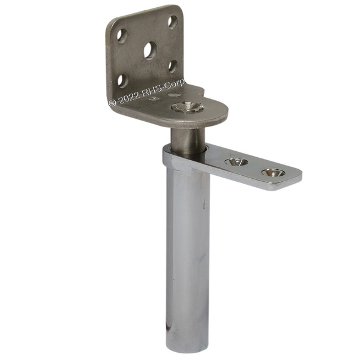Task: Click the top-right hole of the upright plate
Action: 173,22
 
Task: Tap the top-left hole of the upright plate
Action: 122,35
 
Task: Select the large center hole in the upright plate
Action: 150,51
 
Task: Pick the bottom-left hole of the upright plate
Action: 123,80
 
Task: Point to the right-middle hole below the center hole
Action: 173,67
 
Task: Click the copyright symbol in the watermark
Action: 113,103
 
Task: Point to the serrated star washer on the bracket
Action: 188,107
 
